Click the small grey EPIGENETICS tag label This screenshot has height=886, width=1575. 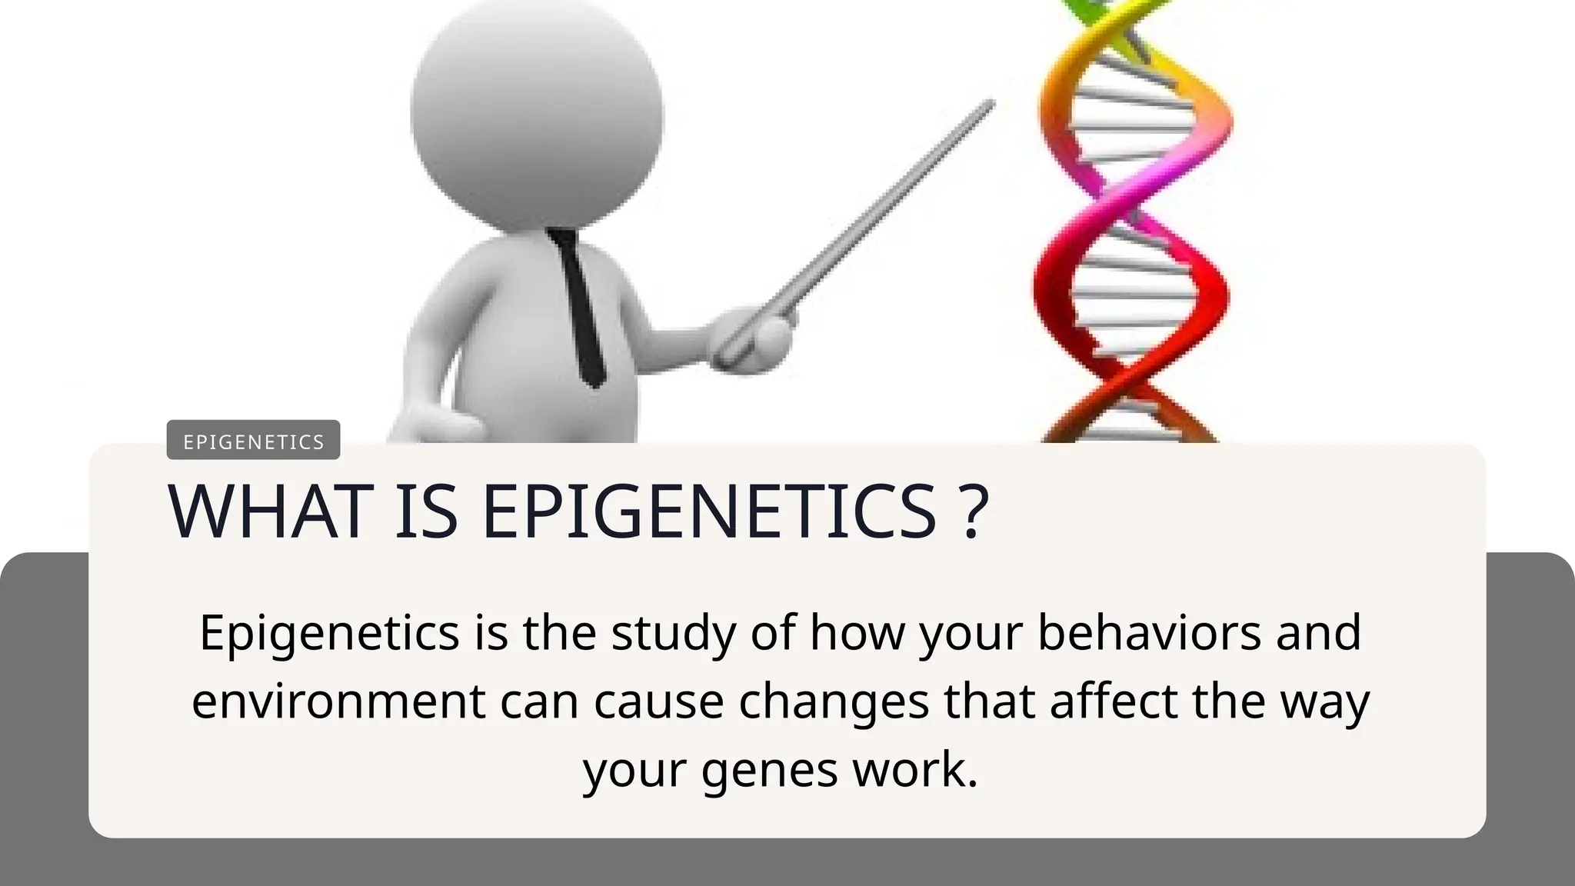pos(253,441)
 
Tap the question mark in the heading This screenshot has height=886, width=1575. pos(974,513)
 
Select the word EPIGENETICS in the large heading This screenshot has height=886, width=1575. pos(708,511)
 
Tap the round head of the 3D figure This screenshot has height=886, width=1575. pos(537,115)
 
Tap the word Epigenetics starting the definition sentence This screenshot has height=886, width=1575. pos(329,634)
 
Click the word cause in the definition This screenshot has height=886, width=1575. pos(658,701)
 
